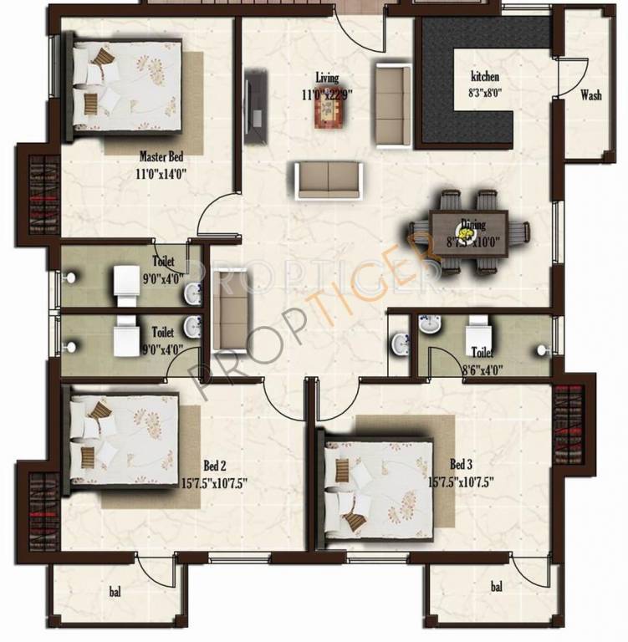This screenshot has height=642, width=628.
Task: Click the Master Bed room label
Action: click(161, 156)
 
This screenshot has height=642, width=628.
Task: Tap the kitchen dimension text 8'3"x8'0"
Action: click(485, 94)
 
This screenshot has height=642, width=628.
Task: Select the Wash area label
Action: click(591, 95)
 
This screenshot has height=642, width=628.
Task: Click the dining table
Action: click(469, 232)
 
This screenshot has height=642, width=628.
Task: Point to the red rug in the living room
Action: click(329, 113)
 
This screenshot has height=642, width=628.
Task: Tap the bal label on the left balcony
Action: click(115, 592)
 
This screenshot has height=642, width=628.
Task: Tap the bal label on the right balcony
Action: click(497, 587)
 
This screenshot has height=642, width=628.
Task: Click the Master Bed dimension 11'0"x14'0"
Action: click(161, 174)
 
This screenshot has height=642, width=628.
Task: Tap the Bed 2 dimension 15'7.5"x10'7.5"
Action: click(214, 482)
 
